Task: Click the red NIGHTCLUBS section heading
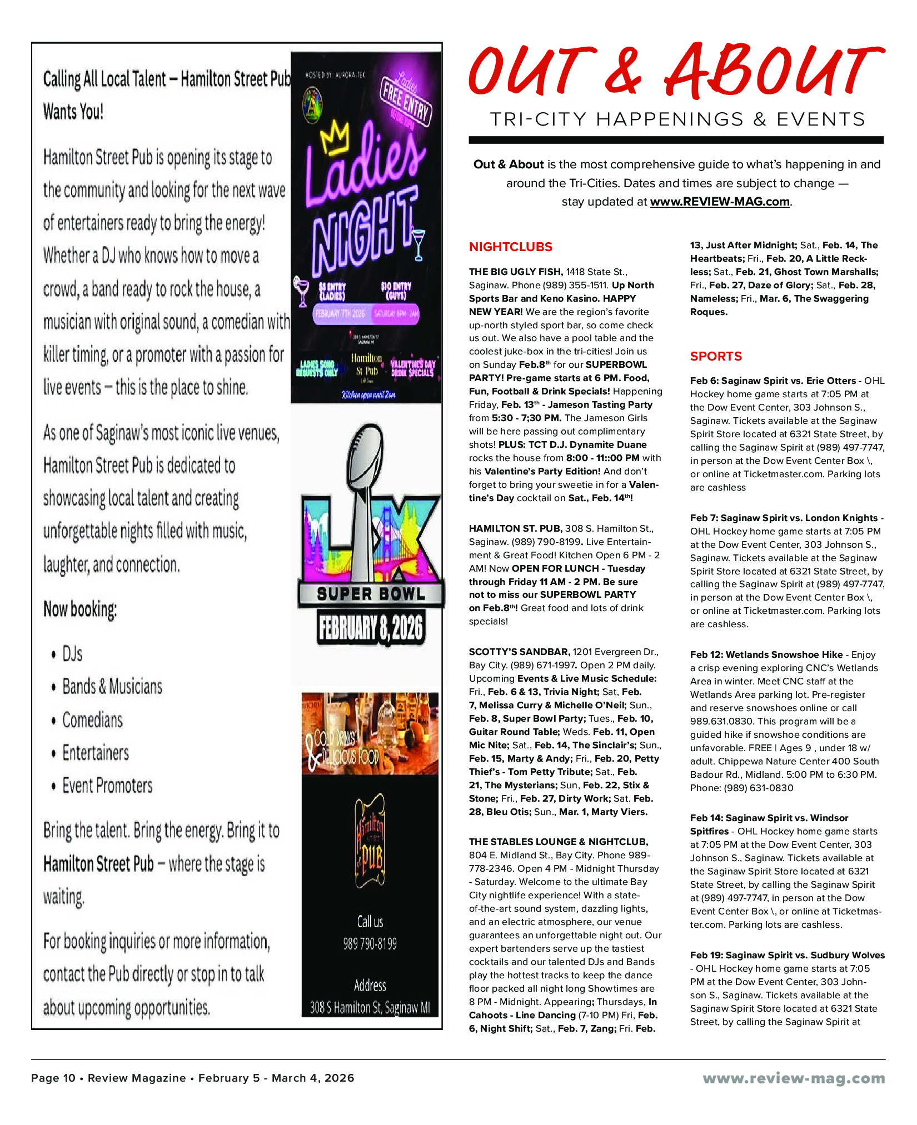point(510,247)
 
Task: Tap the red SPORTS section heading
point(716,356)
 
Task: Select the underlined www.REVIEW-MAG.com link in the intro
point(720,202)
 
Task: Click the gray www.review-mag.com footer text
point(793,1078)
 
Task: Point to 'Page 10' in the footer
point(53,1078)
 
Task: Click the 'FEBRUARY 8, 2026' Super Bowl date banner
point(370,628)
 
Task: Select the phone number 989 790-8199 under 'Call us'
point(370,943)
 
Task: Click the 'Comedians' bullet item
point(92,720)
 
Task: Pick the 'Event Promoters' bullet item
point(107,786)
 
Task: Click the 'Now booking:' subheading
point(80,609)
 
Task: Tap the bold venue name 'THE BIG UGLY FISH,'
point(516,272)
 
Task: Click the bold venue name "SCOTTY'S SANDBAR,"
point(519,652)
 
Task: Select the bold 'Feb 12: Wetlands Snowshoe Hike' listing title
point(766,654)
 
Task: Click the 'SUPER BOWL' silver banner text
point(371,594)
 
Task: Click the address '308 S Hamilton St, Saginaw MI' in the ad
point(370,1007)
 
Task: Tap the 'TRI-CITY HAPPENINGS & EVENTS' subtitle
point(677,119)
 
